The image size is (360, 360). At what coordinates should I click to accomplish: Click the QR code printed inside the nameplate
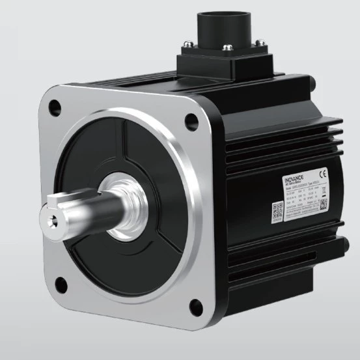tap(324, 203)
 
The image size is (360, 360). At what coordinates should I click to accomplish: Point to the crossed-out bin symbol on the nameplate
tap(324, 189)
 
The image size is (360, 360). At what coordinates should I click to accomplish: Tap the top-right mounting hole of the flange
tap(191, 120)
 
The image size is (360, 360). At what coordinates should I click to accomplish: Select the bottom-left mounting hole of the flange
tap(61, 283)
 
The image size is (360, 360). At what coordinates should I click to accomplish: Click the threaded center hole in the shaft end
tap(51, 218)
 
